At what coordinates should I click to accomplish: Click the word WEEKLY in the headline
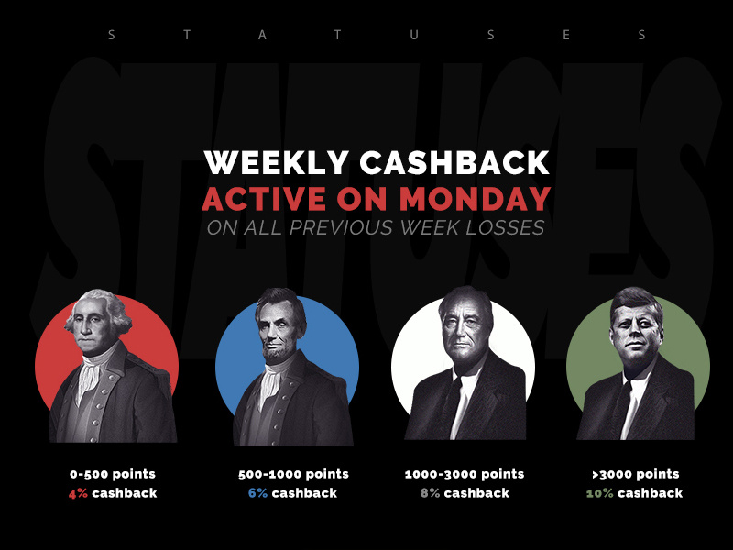point(277,163)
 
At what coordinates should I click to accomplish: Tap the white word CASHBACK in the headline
point(454,163)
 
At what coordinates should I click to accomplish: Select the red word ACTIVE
point(264,199)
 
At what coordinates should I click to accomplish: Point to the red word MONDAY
point(475,199)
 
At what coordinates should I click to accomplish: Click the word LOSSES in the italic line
point(506,227)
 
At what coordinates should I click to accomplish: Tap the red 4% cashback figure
point(78,493)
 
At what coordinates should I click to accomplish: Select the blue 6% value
point(258,493)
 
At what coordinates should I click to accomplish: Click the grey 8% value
point(430,493)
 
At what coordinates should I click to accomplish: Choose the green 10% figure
point(600,493)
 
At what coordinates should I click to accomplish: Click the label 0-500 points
point(113,474)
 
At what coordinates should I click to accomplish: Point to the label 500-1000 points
point(293,474)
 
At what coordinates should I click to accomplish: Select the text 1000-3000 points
point(465,474)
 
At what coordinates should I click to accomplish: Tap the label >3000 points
point(636,474)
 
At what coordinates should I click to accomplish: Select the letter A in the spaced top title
point(262,35)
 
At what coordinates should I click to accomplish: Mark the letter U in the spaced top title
point(414,35)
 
